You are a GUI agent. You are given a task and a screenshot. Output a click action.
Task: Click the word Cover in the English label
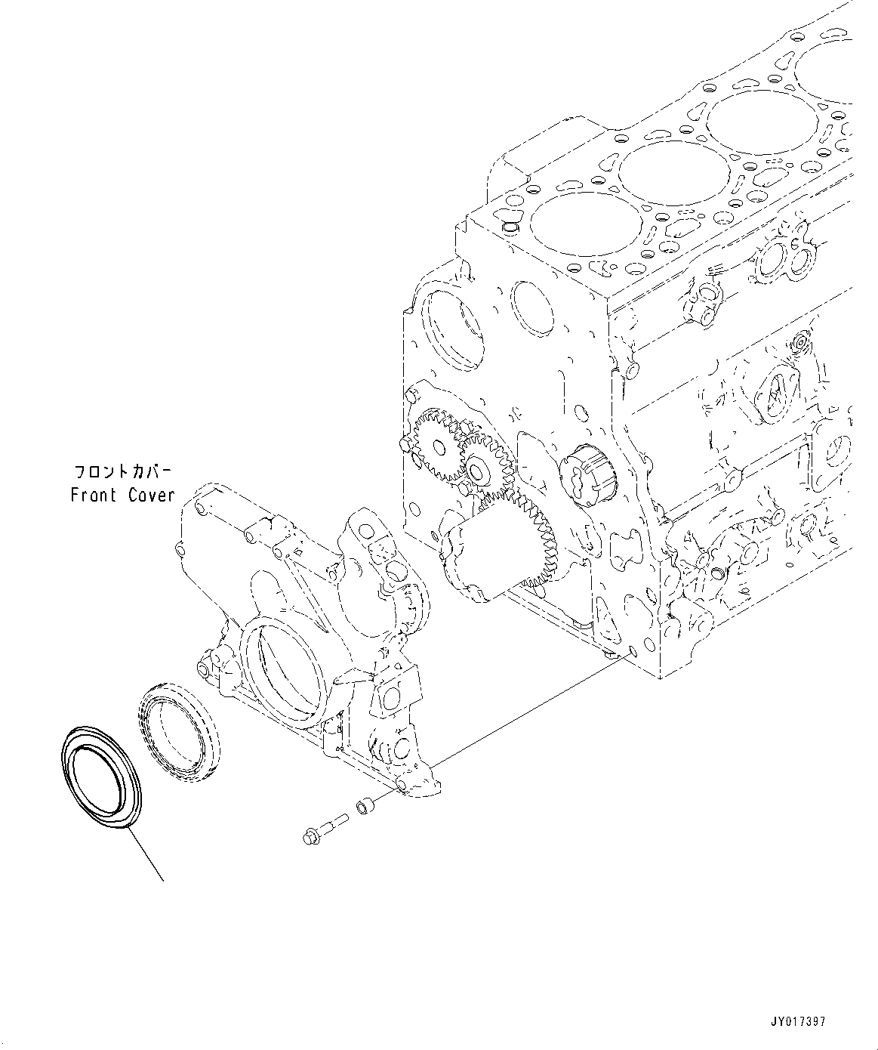(x=151, y=496)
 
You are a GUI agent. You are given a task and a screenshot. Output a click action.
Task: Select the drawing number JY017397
(x=799, y=1021)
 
